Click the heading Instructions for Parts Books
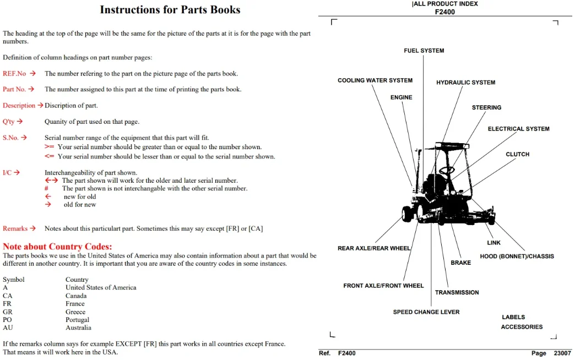coord(170,9)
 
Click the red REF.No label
coord(14,73)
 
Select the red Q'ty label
coord(8,121)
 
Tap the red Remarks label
coord(15,228)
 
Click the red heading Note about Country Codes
coord(57,247)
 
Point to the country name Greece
coord(75,312)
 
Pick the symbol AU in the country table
coord(8,328)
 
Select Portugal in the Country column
coord(77,320)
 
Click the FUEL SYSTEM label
coord(424,51)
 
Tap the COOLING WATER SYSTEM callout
coord(375,80)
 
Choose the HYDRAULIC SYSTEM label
coord(466,83)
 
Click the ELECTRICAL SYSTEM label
coord(518,129)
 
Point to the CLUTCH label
coord(517,154)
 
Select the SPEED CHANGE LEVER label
coord(426,312)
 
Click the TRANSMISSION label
coord(457,292)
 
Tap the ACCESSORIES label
coord(522,327)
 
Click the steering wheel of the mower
coord(447,170)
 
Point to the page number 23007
coord(562,353)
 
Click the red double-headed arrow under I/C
coord(51,181)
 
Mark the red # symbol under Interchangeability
coord(47,188)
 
